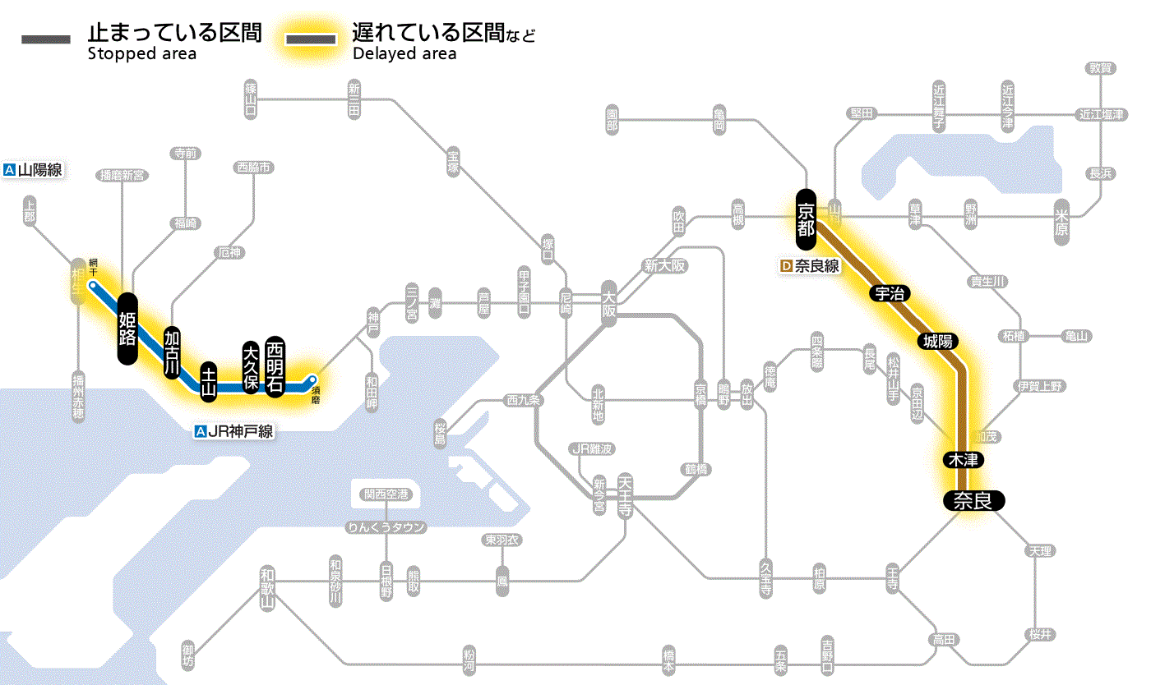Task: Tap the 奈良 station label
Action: (973, 500)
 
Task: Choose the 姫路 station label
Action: (127, 328)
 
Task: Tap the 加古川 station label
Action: (172, 352)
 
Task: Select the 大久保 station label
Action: (251, 367)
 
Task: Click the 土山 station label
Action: (209, 380)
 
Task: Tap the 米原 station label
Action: (1064, 221)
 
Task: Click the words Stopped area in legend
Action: (141, 54)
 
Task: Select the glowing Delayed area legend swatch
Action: (310, 39)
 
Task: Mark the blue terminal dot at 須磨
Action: (312, 379)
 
